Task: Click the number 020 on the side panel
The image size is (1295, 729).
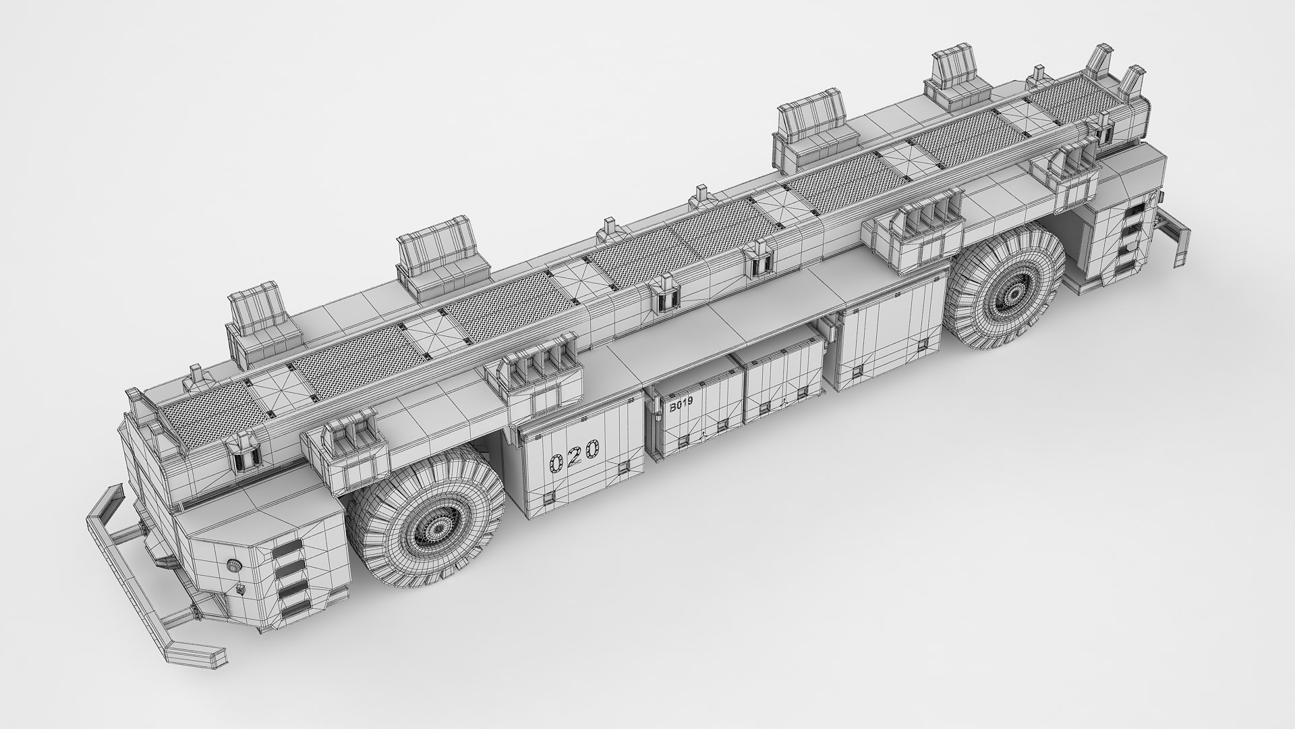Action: [574, 456]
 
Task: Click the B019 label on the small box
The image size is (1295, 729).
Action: [681, 407]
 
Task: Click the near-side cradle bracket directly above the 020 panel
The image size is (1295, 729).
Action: [540, 378]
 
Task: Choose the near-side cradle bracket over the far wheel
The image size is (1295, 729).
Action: [914, 230]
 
